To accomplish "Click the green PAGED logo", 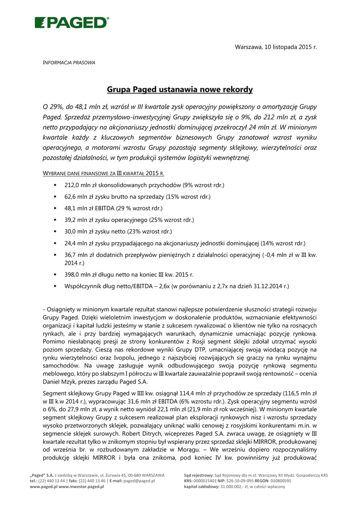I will (x=72, y=22).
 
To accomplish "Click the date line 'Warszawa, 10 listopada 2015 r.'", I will (x=276, y=47).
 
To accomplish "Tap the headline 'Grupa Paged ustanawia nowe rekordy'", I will (x=180, y=90).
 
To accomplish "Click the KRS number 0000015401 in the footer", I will (x=209, y=481).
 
